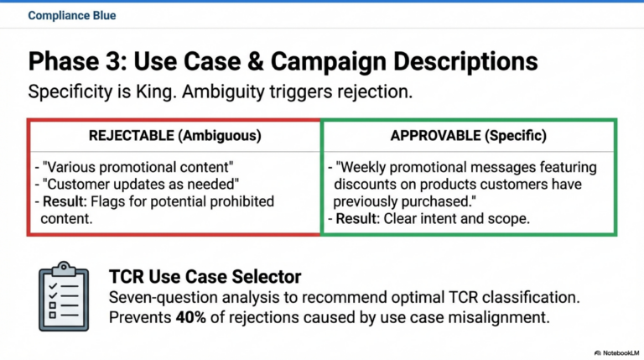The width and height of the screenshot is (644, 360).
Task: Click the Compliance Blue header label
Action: click(x=72, y=15)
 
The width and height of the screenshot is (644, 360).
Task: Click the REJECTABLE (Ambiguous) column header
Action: click(x=174, y=135)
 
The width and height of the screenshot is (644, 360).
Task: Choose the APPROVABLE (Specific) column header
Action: click(x=469, y=135)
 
